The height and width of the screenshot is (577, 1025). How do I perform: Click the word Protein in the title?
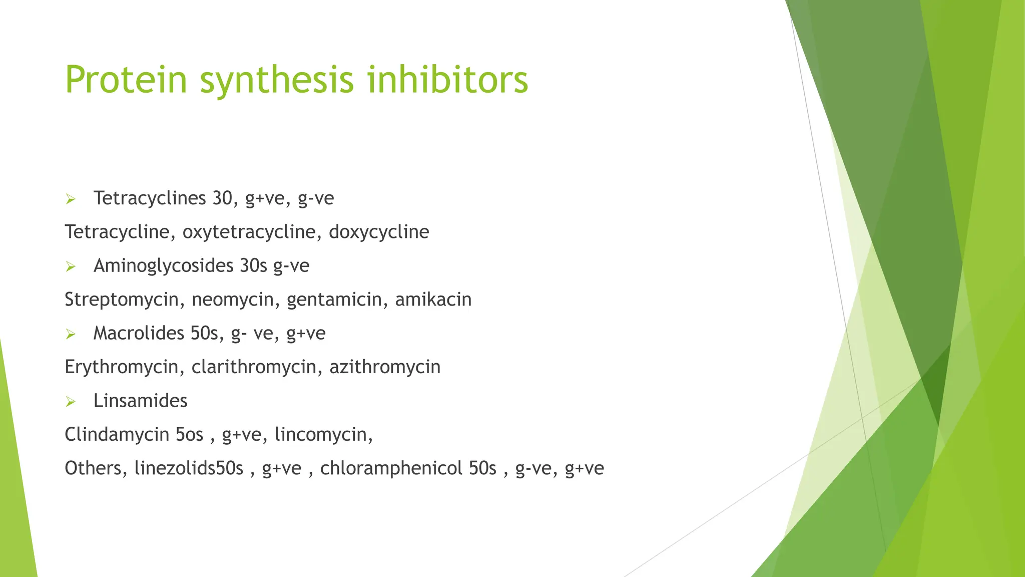pyautogui.click(x=126, y=80)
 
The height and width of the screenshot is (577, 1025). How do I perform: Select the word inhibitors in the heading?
pyautogui.click(x=448, y=80)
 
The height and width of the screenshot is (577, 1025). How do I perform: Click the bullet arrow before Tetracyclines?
pyautogui.click(x=71, y=200)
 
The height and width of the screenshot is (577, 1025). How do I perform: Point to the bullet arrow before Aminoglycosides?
pyautogui.click(x=71, y=267)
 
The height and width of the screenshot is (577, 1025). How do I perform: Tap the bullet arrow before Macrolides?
pyautogui.click(x=71, y=335)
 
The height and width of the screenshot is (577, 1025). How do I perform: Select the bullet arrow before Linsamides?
pyautogui.click(x=71, y=402)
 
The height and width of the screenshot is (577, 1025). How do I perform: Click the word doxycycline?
pyautogui.click(x=379, y=232)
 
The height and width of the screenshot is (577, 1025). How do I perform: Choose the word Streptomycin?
pyautogui.click(x=122, y=300)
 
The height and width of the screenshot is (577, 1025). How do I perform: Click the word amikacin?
pyautogui.click(x=433, y=300)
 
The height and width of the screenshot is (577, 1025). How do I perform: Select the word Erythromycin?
pyautogui.click(x=122, y=367)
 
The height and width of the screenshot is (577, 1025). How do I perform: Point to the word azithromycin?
pyautogui.click(x=385, y=367)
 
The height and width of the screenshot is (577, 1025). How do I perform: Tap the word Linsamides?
pyautogui.click(x=140, y=401)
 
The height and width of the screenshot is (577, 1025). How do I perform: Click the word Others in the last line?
pyautogui.click(x=93, y=468)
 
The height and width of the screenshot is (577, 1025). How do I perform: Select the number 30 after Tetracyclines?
pyautogui.click(x=222, y=198)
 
